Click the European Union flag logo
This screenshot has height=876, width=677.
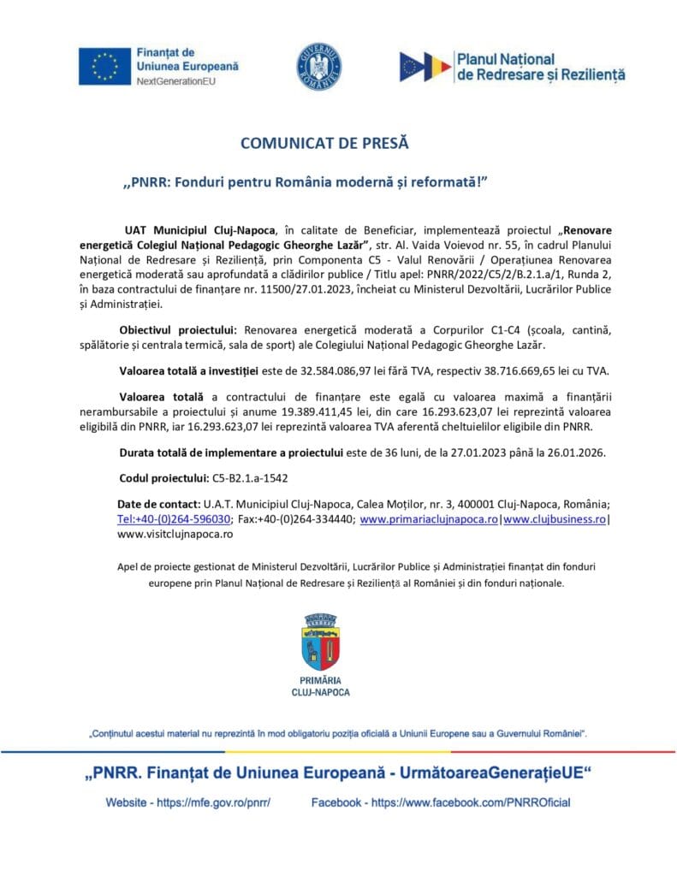coord(104,66)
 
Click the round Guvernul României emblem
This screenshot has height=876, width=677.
coord(319,65)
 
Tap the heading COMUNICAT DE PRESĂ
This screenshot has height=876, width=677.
coord(324,143)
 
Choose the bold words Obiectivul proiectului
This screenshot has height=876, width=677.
coord(179,329)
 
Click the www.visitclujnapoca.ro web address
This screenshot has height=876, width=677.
coord(175,533)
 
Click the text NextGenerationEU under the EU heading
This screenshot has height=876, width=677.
coord(175,80)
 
